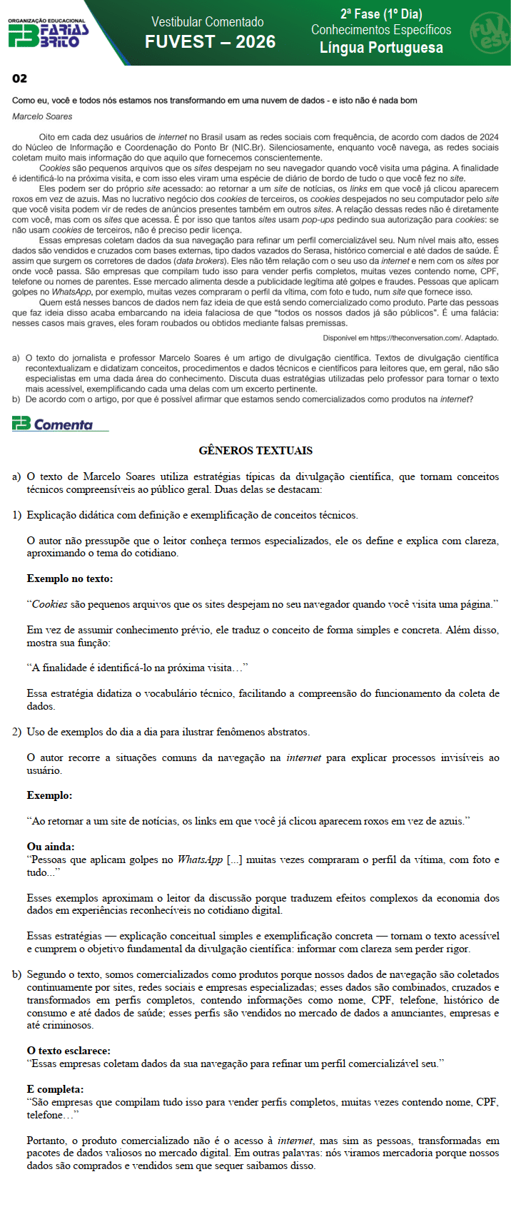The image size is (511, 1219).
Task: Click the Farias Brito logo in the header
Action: pos(48,33)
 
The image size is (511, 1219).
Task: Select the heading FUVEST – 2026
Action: pos(210,42)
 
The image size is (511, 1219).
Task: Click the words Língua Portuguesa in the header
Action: pos(381,48)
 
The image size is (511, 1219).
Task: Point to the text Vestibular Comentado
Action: pos(208,22)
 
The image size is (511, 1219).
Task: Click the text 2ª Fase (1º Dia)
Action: pos(381,14)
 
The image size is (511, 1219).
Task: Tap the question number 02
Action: pos(19,78)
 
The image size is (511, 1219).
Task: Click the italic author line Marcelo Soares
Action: pos(42,116)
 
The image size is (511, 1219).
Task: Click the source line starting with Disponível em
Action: pos(410,337)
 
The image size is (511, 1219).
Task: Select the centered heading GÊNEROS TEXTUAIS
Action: pos(255,451)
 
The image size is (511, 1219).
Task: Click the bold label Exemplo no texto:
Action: pos(69,578)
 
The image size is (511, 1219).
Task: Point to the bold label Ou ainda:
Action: pos(50,847)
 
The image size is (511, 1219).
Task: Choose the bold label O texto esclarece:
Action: pos(69,1051)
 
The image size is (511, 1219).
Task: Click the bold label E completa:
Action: pos(55,1089)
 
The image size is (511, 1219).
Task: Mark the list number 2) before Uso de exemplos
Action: pos(17,732)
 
